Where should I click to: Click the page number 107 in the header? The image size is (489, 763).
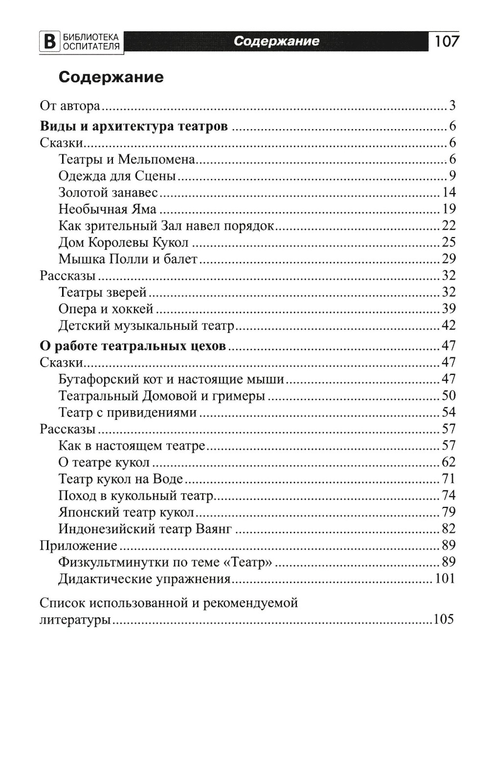tap(446, 41)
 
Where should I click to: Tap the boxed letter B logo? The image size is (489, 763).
tap(48, 42)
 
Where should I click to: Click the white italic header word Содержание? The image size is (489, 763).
tap(276, 41)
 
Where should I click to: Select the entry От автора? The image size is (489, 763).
tap(69, 106)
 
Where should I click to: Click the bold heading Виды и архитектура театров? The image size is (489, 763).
tap(133, 126)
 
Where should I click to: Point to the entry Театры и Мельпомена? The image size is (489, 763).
tap(127, 159)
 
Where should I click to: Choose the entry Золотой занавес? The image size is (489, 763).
tap(108, 192)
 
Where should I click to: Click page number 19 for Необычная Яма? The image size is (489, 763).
tap(449, 209)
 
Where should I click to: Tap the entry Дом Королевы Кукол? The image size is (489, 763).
tap(123, 242)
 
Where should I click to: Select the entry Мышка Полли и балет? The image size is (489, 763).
tap(128, 259)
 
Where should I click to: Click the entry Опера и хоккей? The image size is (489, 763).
tap(106, 309)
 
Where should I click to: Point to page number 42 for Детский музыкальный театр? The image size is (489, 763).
tap(449, 326)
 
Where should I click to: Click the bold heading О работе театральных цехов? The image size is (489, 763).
tap(133, 346)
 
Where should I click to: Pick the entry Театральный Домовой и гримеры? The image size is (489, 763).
tap(161, 395)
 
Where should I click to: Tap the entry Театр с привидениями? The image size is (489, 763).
tap(128, 413)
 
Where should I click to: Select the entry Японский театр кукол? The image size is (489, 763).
tap(126, 512)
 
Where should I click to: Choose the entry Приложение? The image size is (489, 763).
tap(78, 545)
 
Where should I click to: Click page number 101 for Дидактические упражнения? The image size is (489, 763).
tap(445, 579)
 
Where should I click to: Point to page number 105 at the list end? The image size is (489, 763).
tap(444, 619)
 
